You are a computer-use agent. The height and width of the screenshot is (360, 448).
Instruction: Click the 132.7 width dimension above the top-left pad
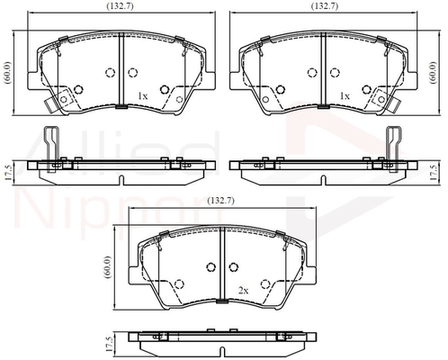click(x=120, y=6)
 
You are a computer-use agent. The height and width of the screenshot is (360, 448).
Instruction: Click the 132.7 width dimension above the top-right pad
click(x=325, y=6)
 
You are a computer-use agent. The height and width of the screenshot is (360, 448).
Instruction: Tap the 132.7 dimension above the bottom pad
click(x=220, y=201)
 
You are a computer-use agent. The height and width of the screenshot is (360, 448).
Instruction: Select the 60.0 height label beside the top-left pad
click(x=7, y=72)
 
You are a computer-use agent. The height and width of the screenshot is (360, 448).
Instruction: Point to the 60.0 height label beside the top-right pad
click(x=432, y=73)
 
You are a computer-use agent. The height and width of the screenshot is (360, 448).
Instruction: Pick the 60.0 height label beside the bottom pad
click(x=108, y=267)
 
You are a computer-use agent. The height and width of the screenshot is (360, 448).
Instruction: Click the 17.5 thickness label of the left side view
click(x=8, y=172)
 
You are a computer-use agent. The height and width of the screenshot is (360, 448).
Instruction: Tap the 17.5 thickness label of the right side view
click(x=434, y=172)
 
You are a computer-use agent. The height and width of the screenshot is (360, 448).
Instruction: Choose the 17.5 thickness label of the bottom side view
click(x=109, y=344)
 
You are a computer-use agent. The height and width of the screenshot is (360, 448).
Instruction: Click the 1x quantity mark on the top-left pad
click(x=142, y=96)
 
